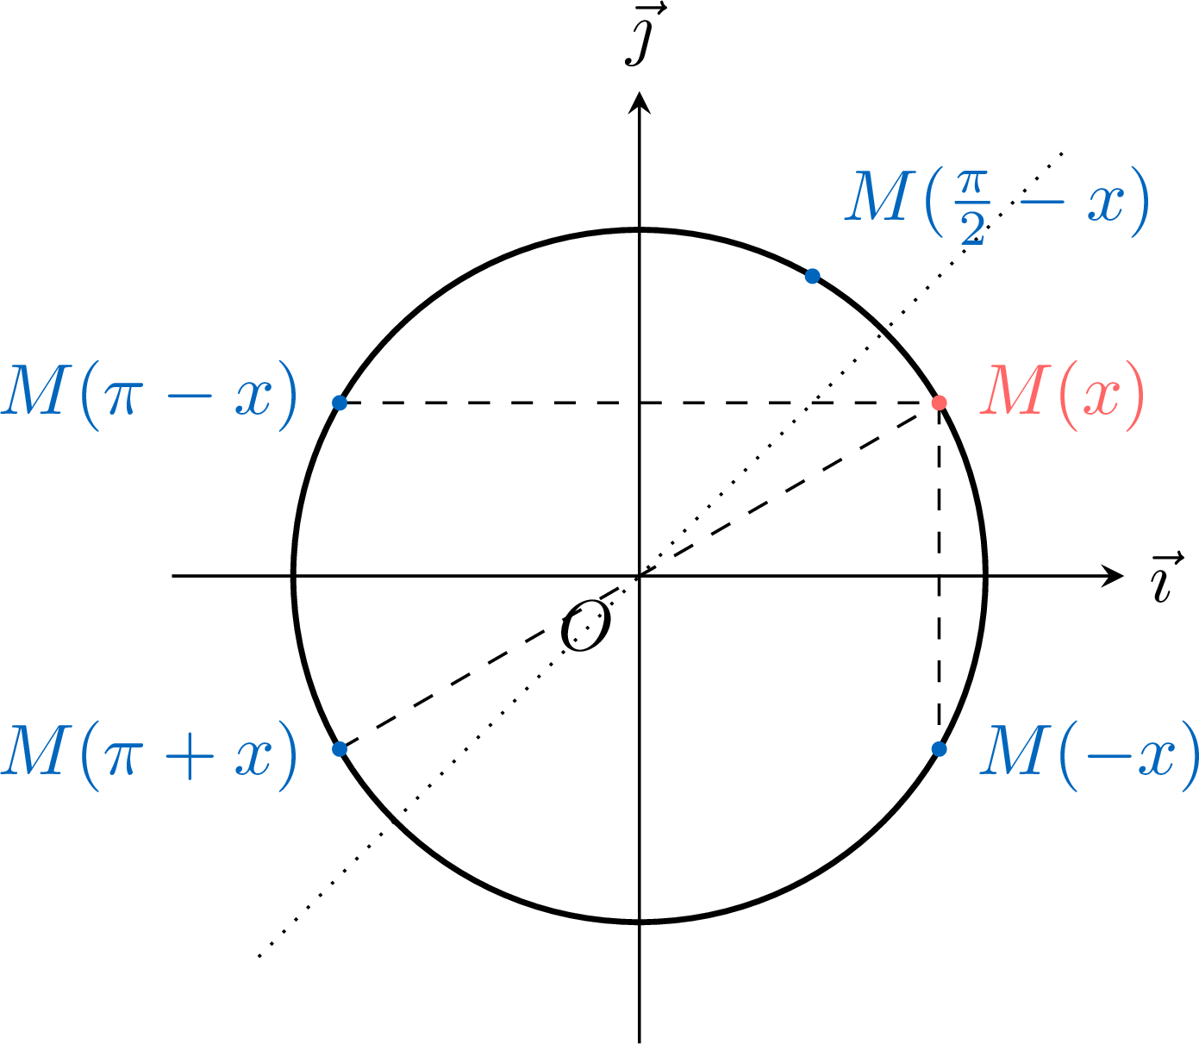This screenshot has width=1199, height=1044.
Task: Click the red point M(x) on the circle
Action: point(939,403)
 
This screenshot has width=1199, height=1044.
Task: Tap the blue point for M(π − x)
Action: point(340,403)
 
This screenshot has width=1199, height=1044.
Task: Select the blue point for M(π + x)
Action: point(340,749)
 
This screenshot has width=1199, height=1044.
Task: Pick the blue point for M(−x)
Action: point(939,749)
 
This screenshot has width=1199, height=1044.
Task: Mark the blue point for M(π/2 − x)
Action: point(812,276)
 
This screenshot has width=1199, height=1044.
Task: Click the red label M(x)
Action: point(1062,397)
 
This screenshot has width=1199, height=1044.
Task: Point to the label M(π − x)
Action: point(149,397)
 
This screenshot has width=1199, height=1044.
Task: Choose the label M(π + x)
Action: point(149,756)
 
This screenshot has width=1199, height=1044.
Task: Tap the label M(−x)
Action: point(1089,756)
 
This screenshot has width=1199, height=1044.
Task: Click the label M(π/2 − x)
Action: point(996,203)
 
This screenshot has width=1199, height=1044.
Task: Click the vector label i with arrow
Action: point(1166,578)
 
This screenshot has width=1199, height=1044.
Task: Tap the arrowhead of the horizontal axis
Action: point(1112,576)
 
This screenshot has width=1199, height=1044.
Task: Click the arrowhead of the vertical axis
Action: point(640,103)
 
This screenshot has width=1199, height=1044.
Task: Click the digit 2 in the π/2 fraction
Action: point(973,228)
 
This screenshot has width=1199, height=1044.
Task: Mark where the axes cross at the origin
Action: point(640,576)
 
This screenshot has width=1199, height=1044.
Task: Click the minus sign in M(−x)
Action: point(1108,757)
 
